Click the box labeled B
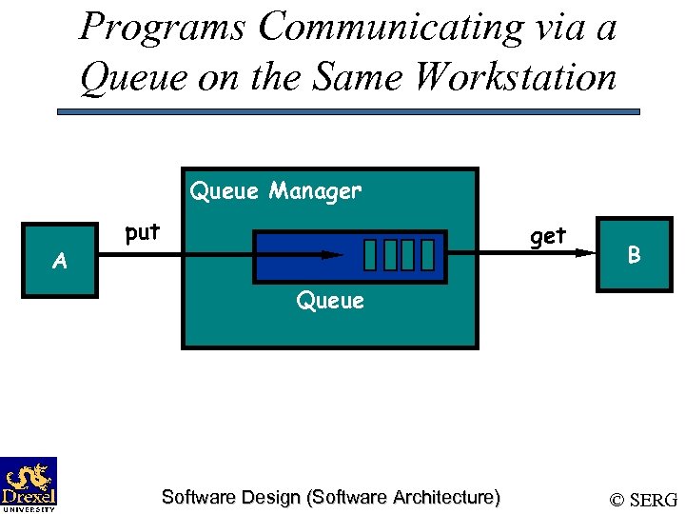[632, 255]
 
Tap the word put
[142, 232]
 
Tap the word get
[548, 235]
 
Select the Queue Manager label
[276, 191]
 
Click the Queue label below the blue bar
[330, 301]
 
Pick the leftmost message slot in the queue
[370, 254]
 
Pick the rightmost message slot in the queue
[427, 254]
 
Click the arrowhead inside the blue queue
[333, 255]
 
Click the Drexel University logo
[29, 484]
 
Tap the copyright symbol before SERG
[616, 500]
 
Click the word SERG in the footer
[654, 500]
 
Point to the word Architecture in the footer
[444, 497]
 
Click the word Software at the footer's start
[194, 497]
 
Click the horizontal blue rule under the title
[348, 111]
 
